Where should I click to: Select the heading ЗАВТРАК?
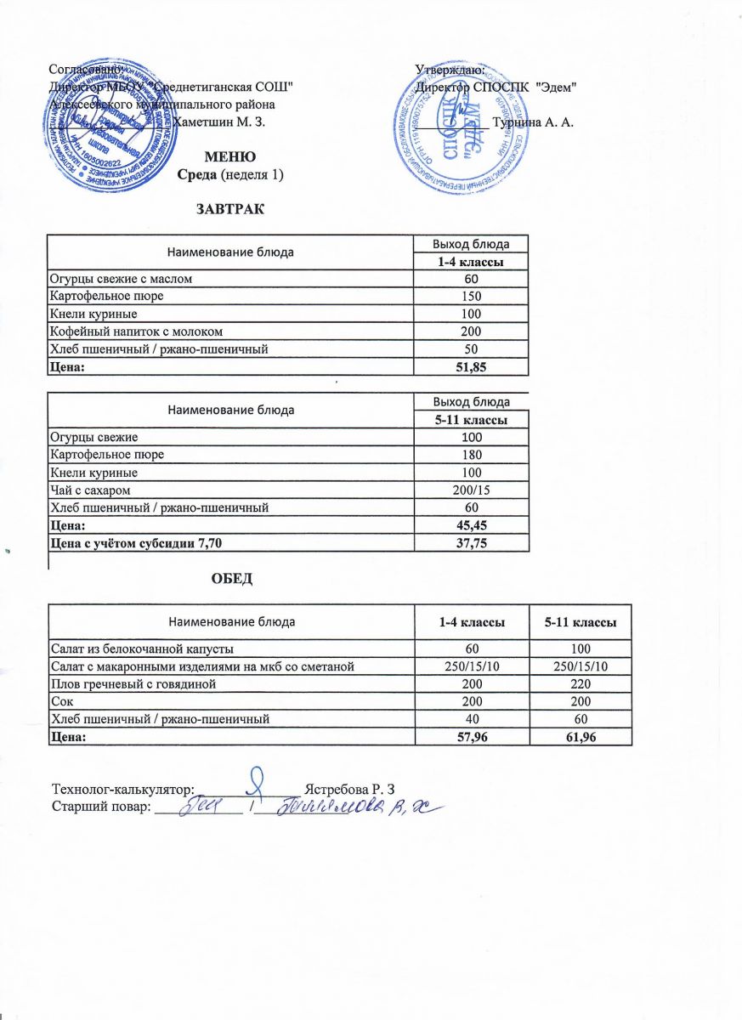(x=230, y=208)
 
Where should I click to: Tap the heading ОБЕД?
(x=232, y=579)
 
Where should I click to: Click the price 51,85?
(x=470, y=365)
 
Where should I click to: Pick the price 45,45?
(x=470, y=525)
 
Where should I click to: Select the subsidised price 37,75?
(x=470, y=542)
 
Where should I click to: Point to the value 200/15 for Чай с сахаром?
(x=470, y=490)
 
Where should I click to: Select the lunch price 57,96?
(x=471, y=736)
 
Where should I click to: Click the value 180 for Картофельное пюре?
(x=470, y=455)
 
